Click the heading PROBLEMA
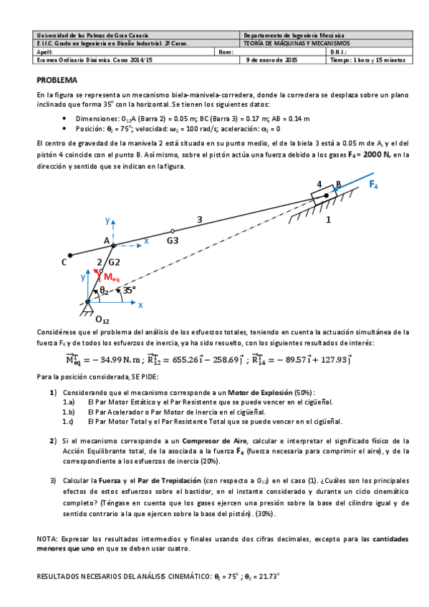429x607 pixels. tap(62, 80)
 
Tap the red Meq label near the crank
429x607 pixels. tap(111, 277)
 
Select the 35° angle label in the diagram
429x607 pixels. tap(129, 290)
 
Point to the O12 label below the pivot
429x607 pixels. tap(102, 319)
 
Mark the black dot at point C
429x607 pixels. tap(69, 255)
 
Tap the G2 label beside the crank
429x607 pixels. tap(115, 263)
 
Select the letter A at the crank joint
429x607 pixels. tap(106, 240)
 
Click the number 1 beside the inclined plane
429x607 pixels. tap(328, 220)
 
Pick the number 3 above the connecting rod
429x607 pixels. tap(200, 219)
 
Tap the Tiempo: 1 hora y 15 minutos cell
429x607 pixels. tap(367, 60)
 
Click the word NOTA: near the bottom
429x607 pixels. tap(47, 538)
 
